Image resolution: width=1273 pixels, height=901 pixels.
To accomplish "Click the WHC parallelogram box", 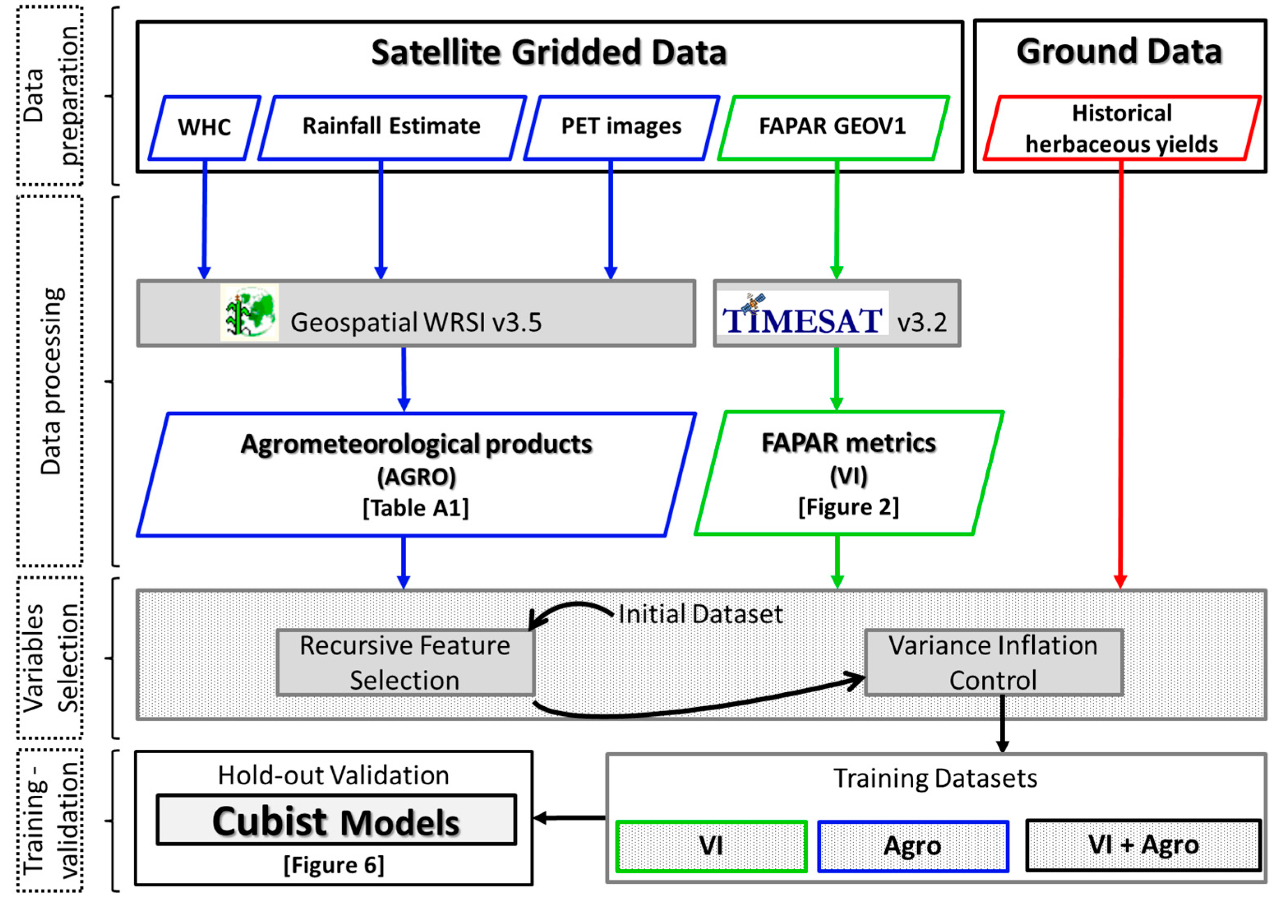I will (204, 128).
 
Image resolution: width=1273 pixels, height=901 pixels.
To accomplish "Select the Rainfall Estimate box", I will (391, 128).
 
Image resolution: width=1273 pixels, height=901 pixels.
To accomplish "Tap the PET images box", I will (621, 128).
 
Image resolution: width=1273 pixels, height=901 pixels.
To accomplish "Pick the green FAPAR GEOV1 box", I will (833, 128).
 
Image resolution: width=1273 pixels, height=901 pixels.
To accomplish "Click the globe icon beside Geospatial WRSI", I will (250, 312).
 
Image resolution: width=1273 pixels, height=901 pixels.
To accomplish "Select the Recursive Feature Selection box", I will (405, 662).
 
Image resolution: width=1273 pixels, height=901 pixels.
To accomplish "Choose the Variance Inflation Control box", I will (993, 662).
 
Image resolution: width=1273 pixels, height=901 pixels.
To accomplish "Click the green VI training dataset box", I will (711, 846).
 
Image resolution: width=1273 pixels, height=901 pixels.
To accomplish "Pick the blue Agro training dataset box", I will (912, 846).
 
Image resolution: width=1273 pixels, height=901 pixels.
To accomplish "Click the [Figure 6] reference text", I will (334, 865).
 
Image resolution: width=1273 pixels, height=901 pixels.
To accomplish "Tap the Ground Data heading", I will (1119, 52).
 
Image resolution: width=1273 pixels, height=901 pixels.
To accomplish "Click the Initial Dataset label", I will (700, 614).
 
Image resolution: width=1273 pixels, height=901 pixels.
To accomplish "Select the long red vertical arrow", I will (1121, 377).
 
